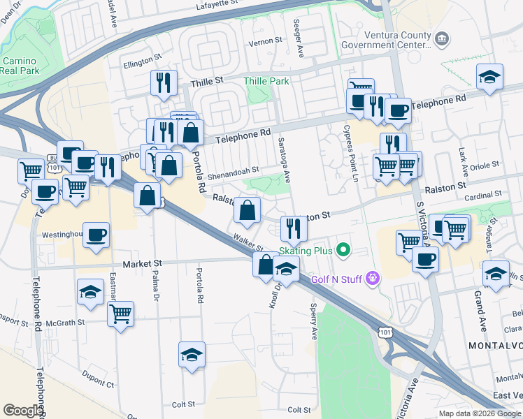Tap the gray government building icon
tap(442, 37)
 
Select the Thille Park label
tap(266, 81)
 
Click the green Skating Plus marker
tap(343, 249)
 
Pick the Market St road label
tap(142, 263)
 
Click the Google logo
tap(23, 411)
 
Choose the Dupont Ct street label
tap(98, 383)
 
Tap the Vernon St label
tap(265, 41)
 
